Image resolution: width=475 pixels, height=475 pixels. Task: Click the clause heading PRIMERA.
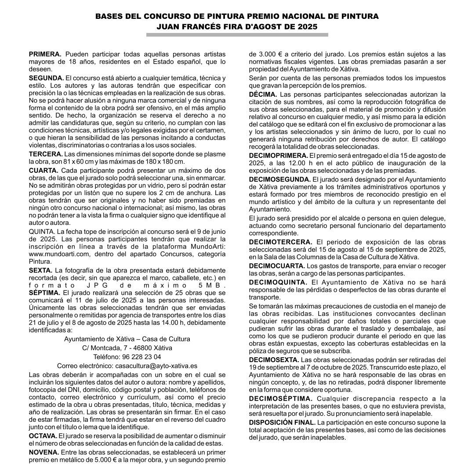45,54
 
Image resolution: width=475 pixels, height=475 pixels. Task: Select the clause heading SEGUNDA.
46,78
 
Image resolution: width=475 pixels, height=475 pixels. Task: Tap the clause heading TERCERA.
46,154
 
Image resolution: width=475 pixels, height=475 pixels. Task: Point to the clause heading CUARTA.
44,170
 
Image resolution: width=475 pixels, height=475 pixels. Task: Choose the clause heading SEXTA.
40,270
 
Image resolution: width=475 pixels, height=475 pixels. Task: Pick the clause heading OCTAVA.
43,436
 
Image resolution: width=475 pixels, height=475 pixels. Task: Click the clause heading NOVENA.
44,452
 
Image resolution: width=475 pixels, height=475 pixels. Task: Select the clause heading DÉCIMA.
263,94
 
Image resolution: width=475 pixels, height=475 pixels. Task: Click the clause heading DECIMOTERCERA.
280,242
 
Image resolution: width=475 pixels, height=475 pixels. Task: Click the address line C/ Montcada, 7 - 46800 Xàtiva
127,348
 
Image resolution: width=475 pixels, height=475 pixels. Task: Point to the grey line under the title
237,34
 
